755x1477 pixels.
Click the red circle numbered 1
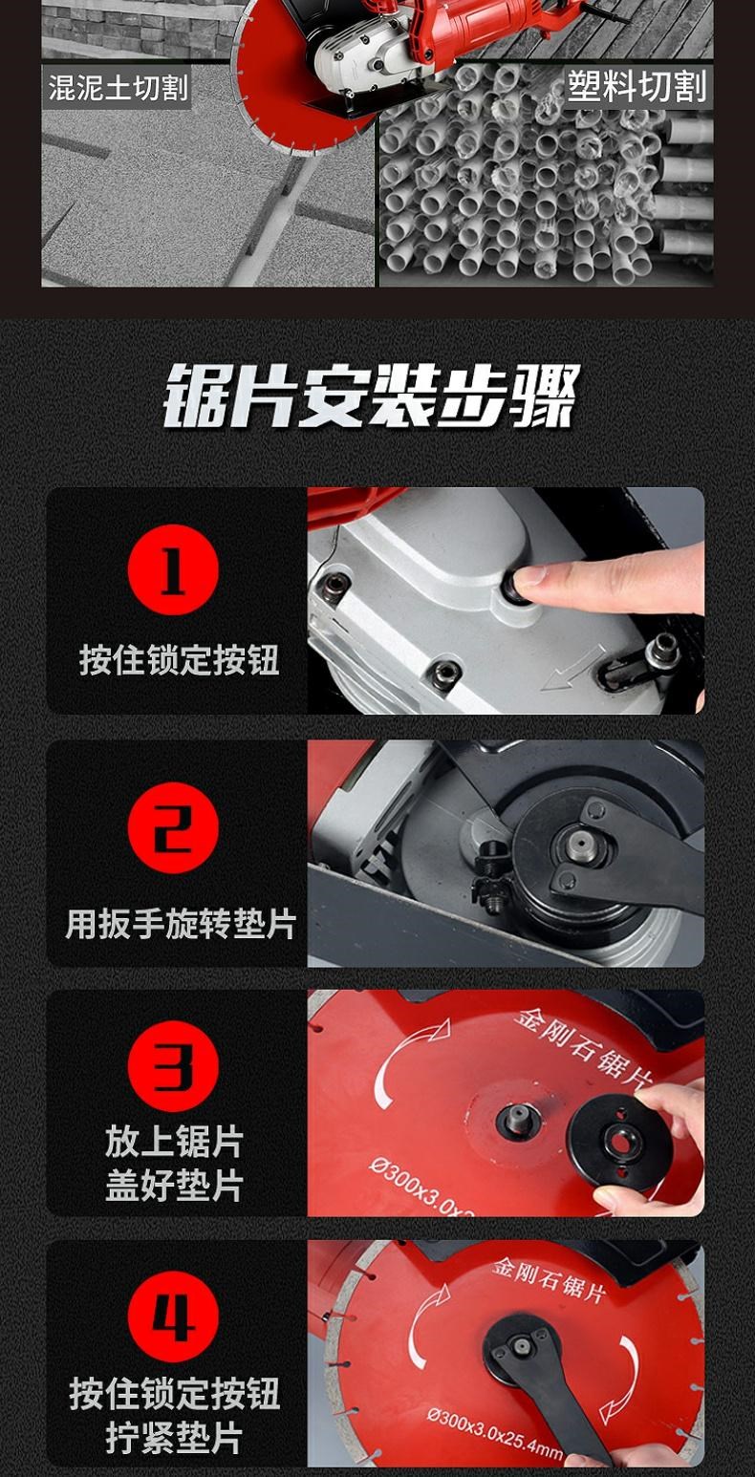pyautogui.click(x=173, y=570)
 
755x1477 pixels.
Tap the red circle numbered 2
pyautogui.click(x=173, y=828)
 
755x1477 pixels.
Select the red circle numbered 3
pyautogui.click(x=173, y=1066)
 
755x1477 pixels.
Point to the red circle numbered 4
pyautogui.click(x=173, y=1316)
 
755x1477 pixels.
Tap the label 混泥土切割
pyautogui.click(x=119, y=88)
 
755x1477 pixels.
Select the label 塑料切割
pyautogui.click(x=636, y=86)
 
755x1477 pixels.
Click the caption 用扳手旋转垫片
pyautogui.click(x=180, y=925)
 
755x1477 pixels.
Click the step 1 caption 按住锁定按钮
pyautogui.click(x=180, y=660)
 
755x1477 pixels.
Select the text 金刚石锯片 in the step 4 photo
pyautogui.click(x=549, y=1280)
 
